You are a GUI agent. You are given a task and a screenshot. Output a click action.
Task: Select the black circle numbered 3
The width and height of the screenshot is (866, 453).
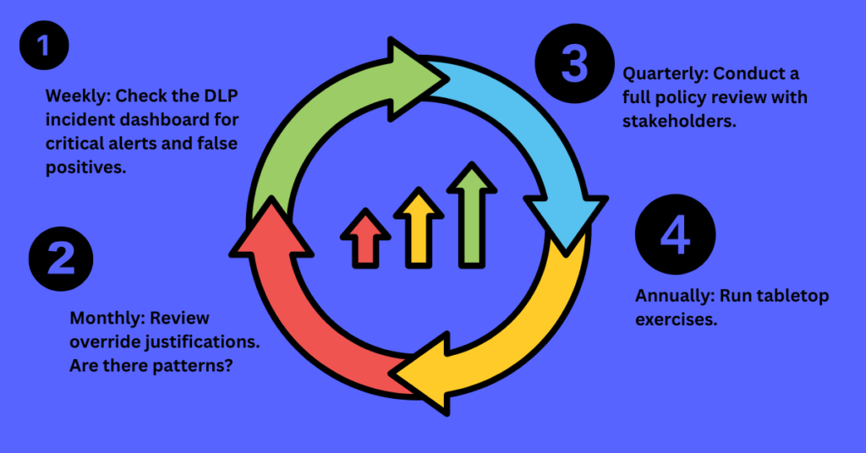pyautogui.click(x=575, y=65)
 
